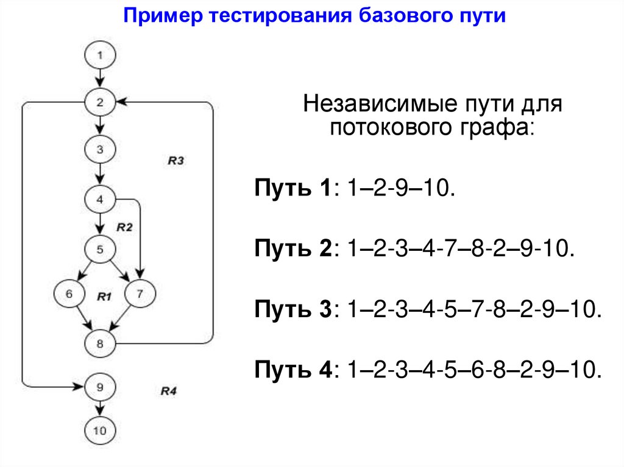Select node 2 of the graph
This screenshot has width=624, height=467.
coord(101,103)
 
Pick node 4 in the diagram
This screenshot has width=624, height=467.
coord(101,198)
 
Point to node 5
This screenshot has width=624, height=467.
coord(101,248)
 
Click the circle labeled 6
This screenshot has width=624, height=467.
coord(69,293)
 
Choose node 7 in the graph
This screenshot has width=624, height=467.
coord(140,293)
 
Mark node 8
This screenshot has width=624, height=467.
coord(101,343)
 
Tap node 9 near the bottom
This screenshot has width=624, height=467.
coord(101,386)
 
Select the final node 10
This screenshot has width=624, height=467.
coord(101,430)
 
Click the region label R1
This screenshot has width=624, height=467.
coord(104,297)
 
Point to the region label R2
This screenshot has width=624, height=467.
coord(124,227)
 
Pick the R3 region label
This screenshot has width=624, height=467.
coord(175,161)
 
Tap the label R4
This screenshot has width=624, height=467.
coord(168,390)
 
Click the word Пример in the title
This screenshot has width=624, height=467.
coord(163,16)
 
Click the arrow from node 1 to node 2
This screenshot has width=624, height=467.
coord(101,79)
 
